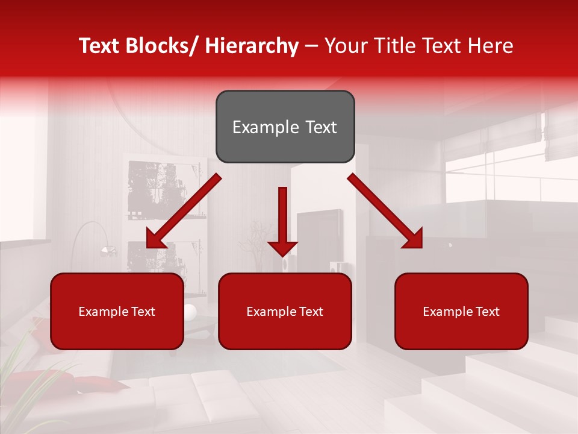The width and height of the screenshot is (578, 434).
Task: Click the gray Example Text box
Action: point(285,127)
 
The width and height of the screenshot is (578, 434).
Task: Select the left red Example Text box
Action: point(117,311)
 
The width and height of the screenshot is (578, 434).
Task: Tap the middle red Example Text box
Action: point(285,311)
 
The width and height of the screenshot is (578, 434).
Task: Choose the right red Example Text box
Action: point(461,311)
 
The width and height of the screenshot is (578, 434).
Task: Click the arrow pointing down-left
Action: point(184,212)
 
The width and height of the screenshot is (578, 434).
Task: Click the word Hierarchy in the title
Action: point(251,46)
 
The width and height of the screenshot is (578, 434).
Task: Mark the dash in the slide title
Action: point(311,46)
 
